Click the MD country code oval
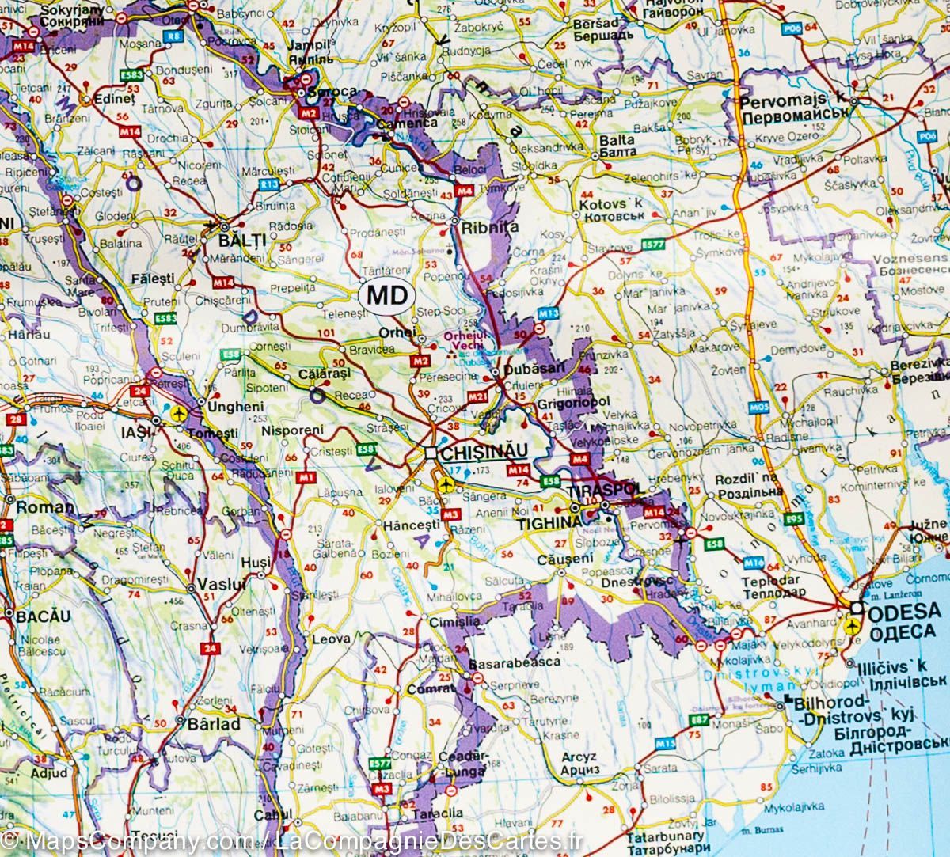coord(386,296)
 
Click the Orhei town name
coord(401,333)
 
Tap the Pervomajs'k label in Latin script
coord(792,100)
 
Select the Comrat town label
coord(427,688)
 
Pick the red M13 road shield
coord(542,314)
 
